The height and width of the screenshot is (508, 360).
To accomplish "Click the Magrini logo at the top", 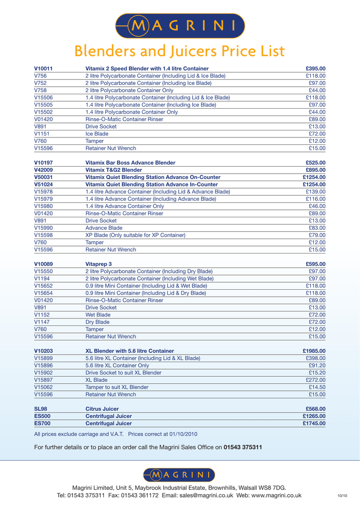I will pyautogui.click(x=179, y=25).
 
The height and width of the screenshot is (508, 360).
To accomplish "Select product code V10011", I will pyautogui.click(x=44, y=68).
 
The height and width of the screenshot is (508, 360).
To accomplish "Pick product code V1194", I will pyautogui.click(x=42, y=279).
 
